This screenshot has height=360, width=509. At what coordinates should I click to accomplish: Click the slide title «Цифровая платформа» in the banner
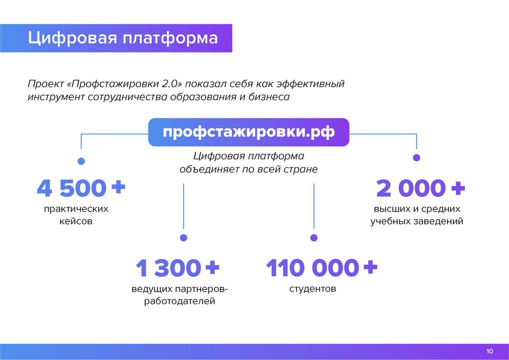122,38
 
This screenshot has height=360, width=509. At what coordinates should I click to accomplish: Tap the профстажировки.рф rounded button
249,132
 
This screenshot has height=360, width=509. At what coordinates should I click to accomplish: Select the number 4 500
72,188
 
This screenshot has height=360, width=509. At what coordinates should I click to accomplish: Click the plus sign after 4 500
118,187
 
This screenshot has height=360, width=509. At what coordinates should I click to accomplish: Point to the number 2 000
411,188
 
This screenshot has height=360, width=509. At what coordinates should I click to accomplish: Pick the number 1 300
168,268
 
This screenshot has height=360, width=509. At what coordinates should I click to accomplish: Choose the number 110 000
312,268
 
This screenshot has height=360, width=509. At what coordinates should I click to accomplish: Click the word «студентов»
313,288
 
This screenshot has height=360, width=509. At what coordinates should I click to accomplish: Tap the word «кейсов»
76,222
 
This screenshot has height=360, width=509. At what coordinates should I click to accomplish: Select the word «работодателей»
180,301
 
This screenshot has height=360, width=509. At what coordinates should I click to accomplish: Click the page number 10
489,351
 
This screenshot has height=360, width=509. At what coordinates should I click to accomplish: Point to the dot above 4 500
81,161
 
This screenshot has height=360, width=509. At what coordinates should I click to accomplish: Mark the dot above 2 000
417,158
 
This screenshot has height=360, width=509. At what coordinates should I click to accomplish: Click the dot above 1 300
183,238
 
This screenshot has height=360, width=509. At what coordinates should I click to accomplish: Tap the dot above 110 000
314,238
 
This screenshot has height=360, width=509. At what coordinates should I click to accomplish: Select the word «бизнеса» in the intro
269,96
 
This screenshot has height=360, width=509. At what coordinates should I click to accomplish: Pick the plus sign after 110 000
371,267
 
